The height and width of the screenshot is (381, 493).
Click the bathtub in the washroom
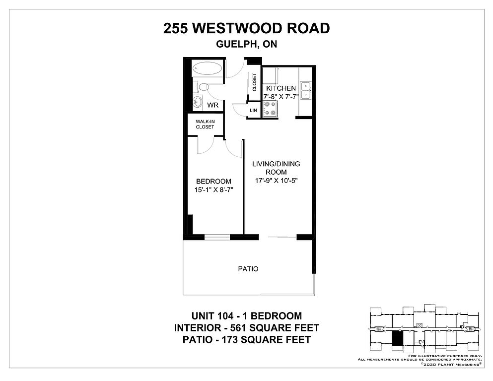[208, 68]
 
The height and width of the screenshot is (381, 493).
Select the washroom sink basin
[198, 102]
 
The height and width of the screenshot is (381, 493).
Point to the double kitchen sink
[305, 90]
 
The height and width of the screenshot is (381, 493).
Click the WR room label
[213, 105]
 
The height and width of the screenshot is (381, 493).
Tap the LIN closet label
[253, 111]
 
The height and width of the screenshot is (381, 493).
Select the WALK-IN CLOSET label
[205, 124]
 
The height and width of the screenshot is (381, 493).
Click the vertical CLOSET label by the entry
[254, 82]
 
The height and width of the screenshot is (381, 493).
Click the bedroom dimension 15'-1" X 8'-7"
[214, 190]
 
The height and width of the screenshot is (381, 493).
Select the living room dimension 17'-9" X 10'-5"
[277, 181]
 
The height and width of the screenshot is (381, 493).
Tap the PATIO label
[248, 269]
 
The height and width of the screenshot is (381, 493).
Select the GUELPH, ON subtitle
[246, 44]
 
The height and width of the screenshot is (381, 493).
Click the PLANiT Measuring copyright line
[451, 364]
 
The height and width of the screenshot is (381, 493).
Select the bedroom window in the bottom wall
[217, 237]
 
